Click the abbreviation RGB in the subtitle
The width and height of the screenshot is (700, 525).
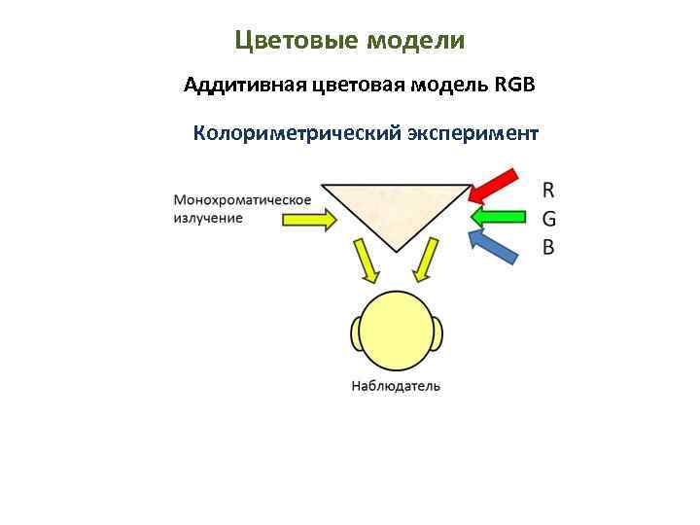click(x=515, y=86)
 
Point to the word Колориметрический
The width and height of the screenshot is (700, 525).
click(x=297, y=133)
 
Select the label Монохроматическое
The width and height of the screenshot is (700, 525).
click(x=242, y=200)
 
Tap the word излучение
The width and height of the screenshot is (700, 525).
click(x=208, y=218)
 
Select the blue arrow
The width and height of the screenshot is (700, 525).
click(x=494, y=246)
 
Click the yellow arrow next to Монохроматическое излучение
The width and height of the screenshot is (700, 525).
click(x=309, y=220)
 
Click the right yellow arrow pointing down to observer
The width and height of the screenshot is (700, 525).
click(x=425, y=263)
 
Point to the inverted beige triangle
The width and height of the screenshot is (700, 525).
click(x=395, y=210)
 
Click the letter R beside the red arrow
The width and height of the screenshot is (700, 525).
click(x=548, y=188)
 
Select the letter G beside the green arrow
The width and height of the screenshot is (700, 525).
click(x=549, y=218)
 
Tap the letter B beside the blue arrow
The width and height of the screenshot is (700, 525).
click(x=548, y=247)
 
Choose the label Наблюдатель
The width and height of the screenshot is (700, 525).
click(x=396, y=386)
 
